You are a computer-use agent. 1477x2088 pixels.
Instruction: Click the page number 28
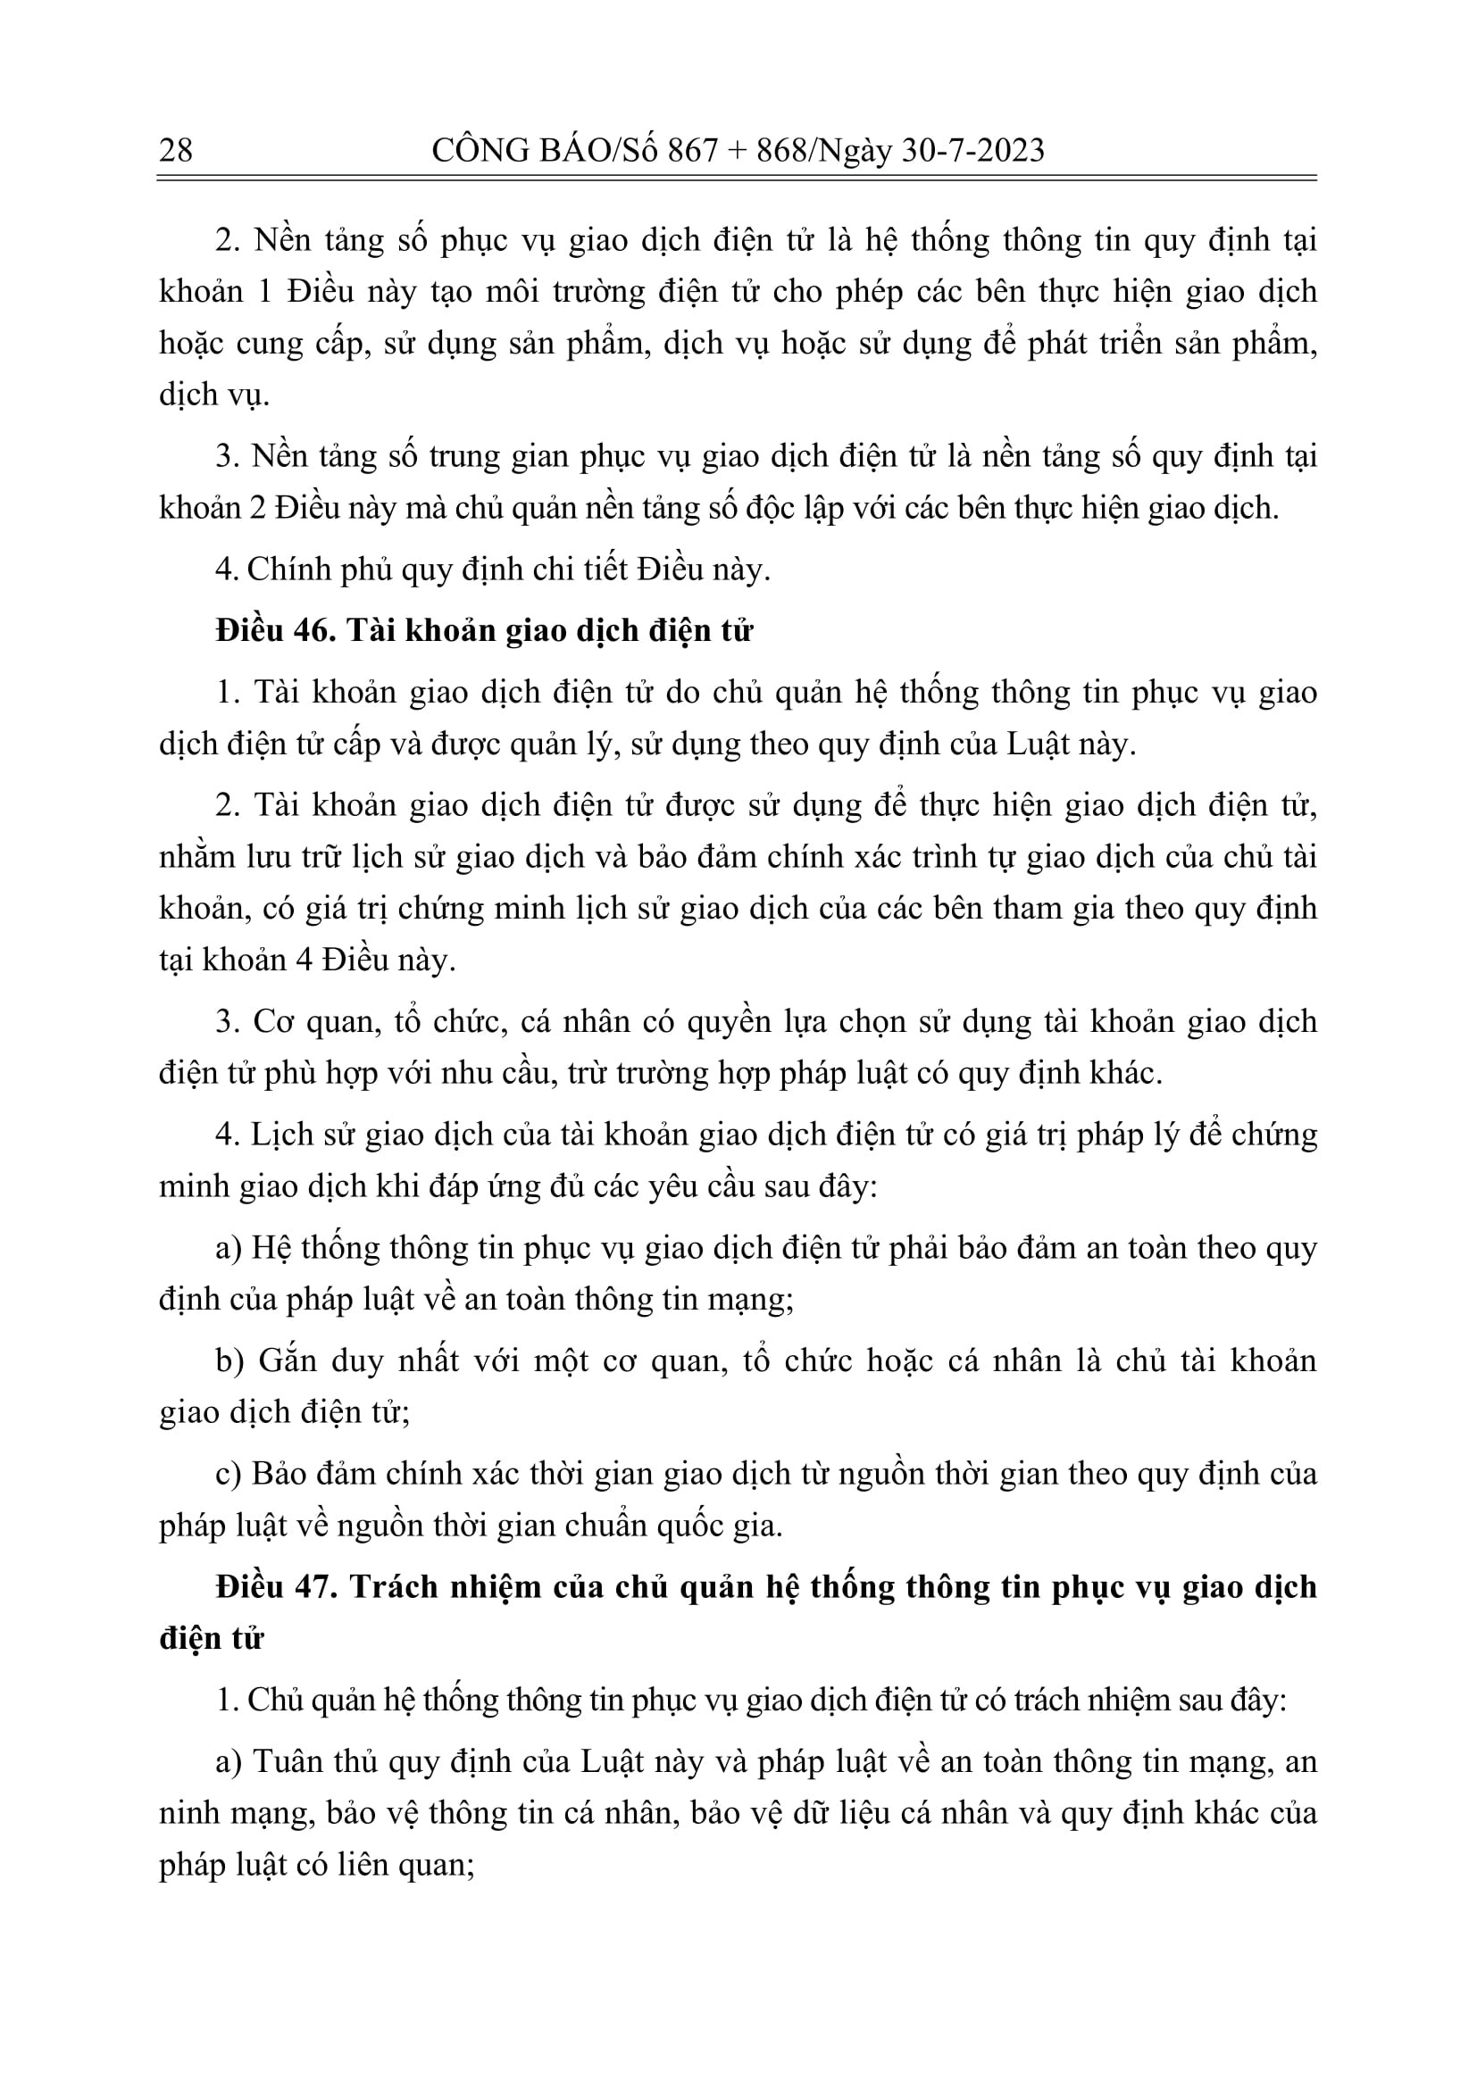[176, 150]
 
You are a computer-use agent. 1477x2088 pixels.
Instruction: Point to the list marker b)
[229, 1360]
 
